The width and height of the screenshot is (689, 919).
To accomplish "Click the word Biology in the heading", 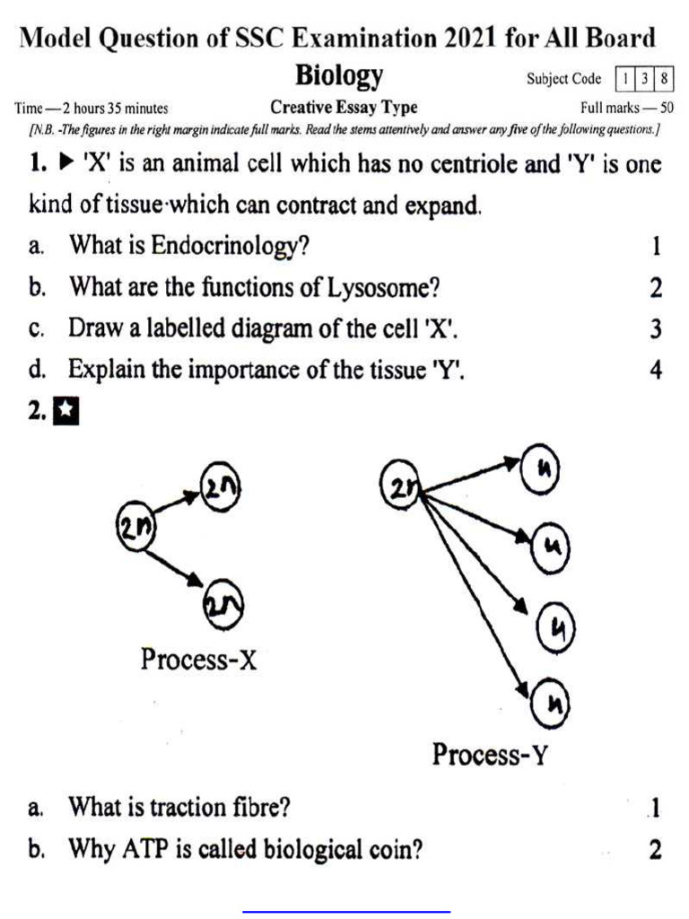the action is click(340, 76).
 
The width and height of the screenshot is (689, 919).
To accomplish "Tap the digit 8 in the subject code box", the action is click(664, 79).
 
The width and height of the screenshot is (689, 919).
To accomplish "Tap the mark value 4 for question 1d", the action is click(656, 370).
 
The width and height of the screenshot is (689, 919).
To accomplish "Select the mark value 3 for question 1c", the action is click(656, 329).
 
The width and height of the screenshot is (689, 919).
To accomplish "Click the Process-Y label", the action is click(489, 753).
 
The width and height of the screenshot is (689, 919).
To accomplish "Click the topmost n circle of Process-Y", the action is click(541, 472).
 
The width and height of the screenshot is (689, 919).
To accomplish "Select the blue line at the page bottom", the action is click(346, 911).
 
